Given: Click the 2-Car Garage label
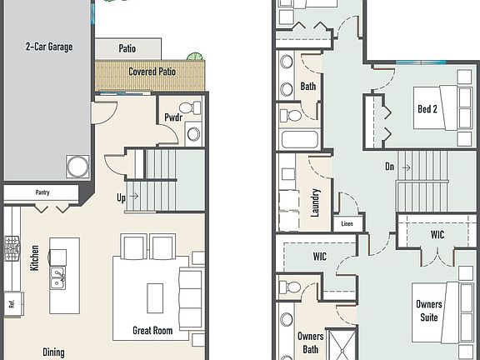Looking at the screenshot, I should pyautogui.click(x=48, y=47).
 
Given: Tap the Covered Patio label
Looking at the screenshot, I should pyautogui.click(x=151, y=72).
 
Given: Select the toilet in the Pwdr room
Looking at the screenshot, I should pyautogui.click(x=194, y=108).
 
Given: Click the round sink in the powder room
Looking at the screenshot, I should pyautogui.click(x=193, y=133).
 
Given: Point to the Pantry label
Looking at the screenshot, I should pyautogui.click(x=42, y=192).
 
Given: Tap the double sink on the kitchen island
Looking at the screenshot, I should pyautogui.click(x=57, y=277).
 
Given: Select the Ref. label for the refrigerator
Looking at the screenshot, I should pyautogui.click(x=12, y=304).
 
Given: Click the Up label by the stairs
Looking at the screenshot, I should pyautogui.click(x=122, y=198).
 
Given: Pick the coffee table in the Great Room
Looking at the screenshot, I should pyautogui.click(x=155, y=295).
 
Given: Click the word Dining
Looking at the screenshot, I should pyautogui.click(x=53, y=352).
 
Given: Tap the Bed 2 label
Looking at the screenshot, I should pyautogui.click(x=427, y=109).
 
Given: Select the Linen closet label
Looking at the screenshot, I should pyautogui.click(x=347, y=223).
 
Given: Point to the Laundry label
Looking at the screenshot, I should pyautogui.click(x=316, y=202).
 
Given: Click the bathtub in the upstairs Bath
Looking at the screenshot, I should pyautogui.click(x=299, y=140).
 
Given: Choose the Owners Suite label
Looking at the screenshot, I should pyautogui.click(x=429, y=310).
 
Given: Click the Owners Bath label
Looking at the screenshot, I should pyautogui.click(x=311, y=342).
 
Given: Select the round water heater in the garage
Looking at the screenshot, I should pyautogui.click(x=77, y=166).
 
